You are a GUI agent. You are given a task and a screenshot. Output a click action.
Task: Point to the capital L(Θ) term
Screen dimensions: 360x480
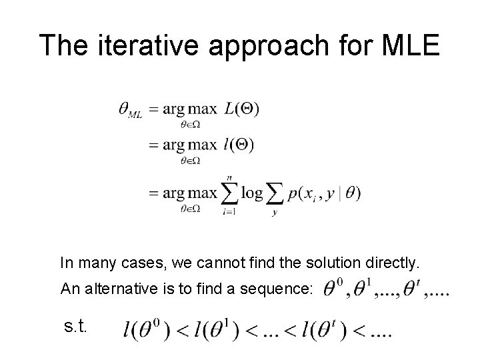242,108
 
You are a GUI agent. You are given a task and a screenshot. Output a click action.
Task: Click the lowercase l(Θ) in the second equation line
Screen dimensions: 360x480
239,144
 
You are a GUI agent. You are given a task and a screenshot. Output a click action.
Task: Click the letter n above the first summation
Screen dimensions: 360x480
229,177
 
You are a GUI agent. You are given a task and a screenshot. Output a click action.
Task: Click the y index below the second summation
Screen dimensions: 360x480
274,212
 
